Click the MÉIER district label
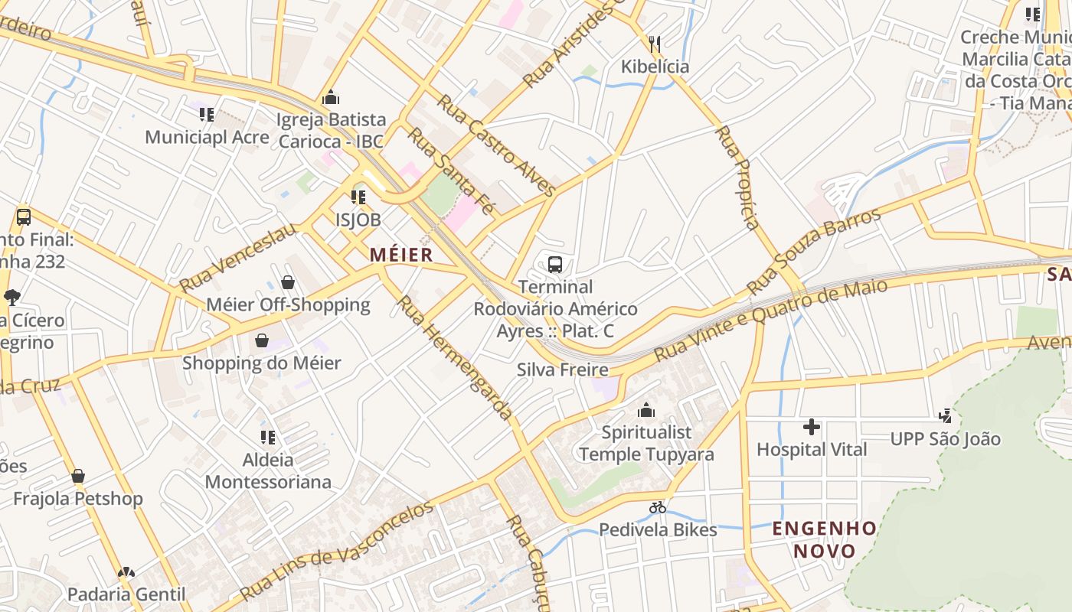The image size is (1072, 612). coord(402,255)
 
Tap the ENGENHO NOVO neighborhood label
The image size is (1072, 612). coord(824,539)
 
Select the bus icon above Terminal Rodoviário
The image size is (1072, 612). coord(555,265)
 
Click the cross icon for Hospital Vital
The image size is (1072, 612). coord(812,427)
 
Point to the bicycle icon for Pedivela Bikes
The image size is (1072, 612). coord(657,507)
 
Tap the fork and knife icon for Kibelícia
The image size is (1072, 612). coord(655,44)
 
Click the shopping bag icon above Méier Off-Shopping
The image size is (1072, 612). coord(288,282)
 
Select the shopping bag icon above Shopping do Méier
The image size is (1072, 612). coord(262,340)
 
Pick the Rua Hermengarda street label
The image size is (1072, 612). coord(455,357)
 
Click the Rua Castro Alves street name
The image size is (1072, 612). coord(495,145)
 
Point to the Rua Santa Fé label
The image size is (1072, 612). coord(451,171)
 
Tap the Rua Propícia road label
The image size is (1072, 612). coord(737,177)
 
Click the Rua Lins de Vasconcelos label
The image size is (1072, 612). coord(336,550)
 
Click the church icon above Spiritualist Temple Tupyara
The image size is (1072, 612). coord(646,410)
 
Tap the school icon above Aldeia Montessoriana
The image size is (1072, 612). coord(268,438)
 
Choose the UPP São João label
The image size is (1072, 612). coord(945,439)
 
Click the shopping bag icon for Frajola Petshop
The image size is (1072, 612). coord(78,477)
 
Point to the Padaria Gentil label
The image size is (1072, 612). coord(126,594)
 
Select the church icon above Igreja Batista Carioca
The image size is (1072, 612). coord(331,97)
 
